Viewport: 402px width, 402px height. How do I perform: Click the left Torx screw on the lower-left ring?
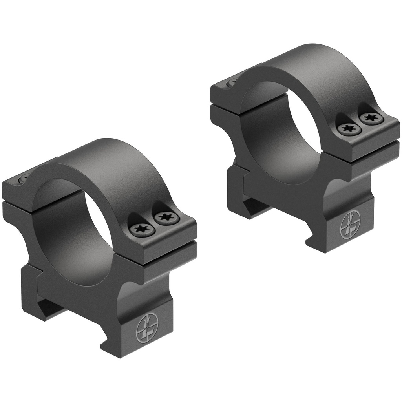point(140,229)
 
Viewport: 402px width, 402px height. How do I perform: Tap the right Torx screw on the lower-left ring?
point(164,217)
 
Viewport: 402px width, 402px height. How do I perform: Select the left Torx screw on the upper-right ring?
point(348,128)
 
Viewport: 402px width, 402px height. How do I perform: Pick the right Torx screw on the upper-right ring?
point(370,117)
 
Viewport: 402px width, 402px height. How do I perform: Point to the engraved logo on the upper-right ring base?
point(350,225)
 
